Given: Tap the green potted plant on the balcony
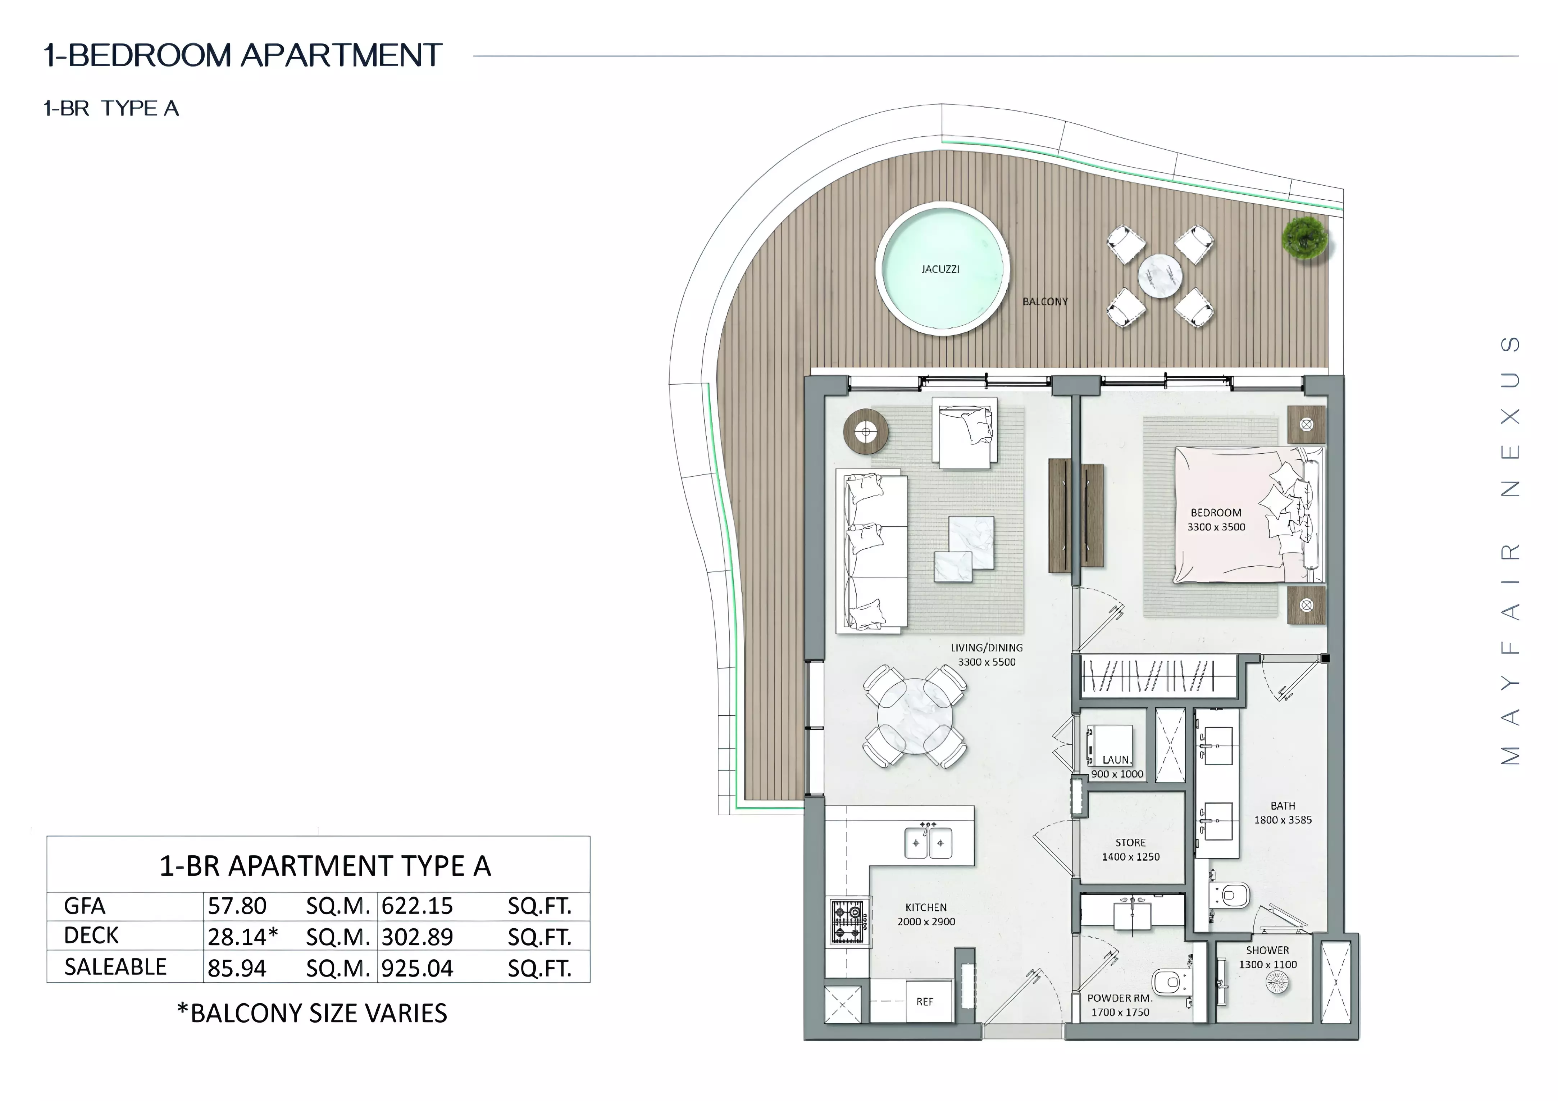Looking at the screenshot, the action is click(x=1304, y=237).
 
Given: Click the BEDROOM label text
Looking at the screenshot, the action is click(x=1216, y=512).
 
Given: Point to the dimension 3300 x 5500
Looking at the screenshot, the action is click(x=987, y=662).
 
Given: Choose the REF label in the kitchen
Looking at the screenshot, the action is click(x=925, y=1001).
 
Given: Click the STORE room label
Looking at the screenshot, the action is click(x=1130, y=842).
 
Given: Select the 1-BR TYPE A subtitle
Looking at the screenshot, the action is click(x=111, y=109).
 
